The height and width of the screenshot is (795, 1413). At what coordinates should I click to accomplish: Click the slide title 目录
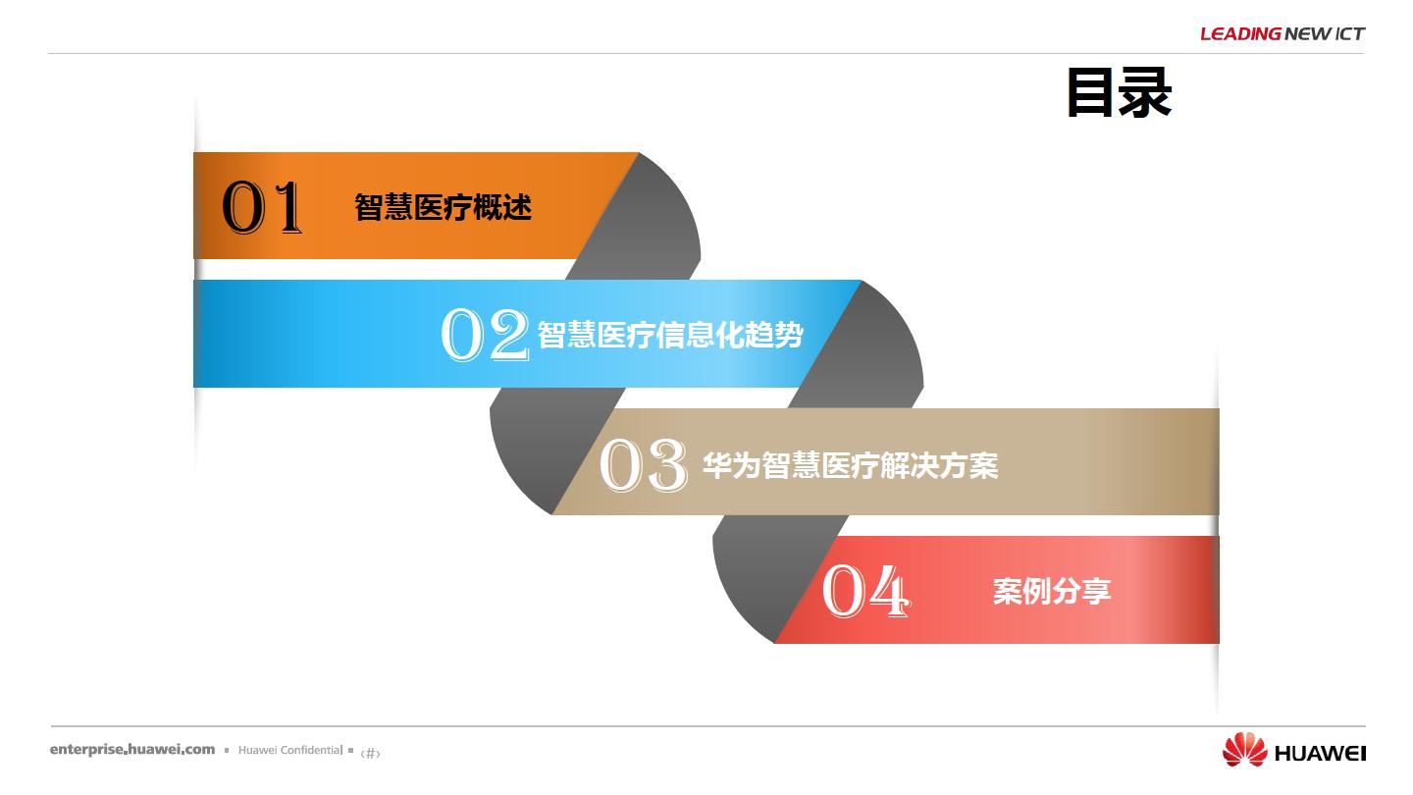coord(1119,93)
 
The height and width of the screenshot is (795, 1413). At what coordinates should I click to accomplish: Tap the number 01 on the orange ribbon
coord(262,207)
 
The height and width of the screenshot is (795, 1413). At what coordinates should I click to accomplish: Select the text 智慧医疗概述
coord(443,207)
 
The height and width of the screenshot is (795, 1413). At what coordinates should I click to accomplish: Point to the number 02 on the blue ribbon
coord(485,335)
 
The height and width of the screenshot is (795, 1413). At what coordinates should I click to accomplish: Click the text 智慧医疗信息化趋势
coord(670,335)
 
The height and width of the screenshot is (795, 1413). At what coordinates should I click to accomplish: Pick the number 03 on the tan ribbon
coord(644,465)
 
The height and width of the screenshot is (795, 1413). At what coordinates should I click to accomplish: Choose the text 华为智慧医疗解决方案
coord(851,465)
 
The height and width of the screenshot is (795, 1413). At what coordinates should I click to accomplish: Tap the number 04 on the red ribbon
coord(866,591)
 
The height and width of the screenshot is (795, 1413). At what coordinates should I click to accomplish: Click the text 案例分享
coord(1052,591)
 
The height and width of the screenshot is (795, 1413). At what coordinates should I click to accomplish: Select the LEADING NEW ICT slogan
coord(1282,33)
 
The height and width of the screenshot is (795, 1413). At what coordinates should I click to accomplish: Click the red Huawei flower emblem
coord(1244,750)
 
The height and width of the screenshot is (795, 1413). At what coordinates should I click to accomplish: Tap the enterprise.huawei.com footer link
coord(132,750)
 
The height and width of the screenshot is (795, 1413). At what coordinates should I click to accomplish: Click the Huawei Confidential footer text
coord(290,750)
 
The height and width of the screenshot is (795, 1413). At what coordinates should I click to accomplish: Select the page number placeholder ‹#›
coord(370,753)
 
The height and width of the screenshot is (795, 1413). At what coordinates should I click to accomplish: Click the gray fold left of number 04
coord(766,577)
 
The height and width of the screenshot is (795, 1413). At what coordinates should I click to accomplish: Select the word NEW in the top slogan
coord(1307,33)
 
